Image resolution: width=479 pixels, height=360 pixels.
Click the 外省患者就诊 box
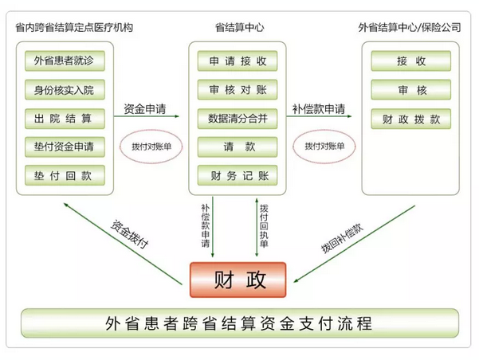[x=64, y=61]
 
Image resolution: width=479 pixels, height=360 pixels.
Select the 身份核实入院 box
[x=64, y=89]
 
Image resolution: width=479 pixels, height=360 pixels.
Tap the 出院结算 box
[x=64, y=118]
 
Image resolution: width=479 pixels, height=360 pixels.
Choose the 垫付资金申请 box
[x=64, y=147]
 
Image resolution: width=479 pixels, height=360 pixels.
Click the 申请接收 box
[x=238, y=61]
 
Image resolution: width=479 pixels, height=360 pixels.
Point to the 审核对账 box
[x=238, y=89]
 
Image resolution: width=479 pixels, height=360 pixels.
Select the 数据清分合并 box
[x=238, y=118]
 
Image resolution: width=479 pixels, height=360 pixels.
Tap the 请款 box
[x=238, y=147]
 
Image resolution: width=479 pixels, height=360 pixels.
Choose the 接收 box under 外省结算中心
[x=410, y=61]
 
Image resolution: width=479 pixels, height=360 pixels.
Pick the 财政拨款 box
[x=410, y=119]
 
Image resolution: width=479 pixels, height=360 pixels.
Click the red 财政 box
[x=238, y=280]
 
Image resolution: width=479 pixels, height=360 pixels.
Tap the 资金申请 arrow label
[x=145, y=108]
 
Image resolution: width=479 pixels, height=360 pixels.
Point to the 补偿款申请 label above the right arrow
[x=319, y=108]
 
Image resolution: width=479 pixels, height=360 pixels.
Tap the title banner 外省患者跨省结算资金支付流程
[x=238, y=324]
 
